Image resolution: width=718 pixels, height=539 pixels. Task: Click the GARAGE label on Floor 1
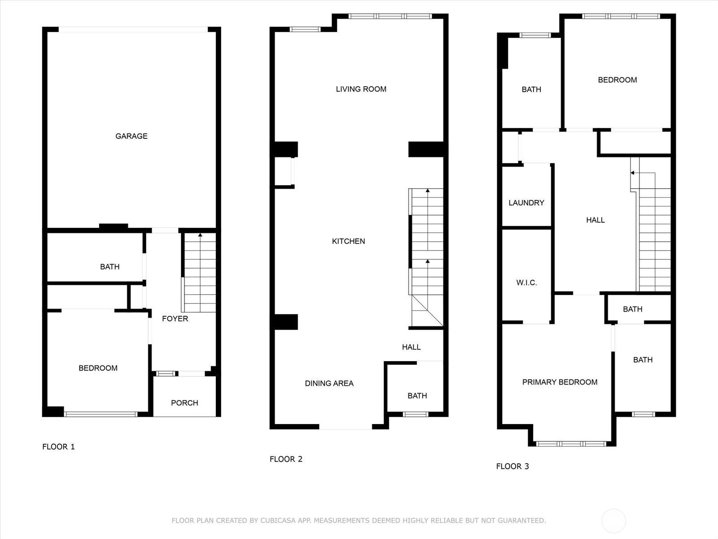click(131, 136)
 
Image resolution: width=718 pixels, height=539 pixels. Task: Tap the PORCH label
click(184, 403)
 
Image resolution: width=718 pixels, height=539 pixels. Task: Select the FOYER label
click(175, 319)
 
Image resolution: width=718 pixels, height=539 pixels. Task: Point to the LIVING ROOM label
click(361, 89)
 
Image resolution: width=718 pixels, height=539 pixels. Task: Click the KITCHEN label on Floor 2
click(348, 241)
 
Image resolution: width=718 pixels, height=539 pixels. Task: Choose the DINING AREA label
click(329, 383)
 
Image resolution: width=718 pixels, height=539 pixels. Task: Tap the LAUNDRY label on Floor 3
click(526, 203)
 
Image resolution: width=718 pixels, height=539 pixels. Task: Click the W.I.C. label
click(527, 283)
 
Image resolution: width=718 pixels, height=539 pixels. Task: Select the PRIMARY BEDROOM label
click(560, 382)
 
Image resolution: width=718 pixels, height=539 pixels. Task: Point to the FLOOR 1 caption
click(58, 447)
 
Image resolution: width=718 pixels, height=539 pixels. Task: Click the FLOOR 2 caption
click(286, 459)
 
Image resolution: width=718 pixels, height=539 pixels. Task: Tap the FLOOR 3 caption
click(512, 466)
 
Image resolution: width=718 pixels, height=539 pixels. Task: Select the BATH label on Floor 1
click(109, 267)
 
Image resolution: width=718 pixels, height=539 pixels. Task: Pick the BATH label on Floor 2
click(417, 396)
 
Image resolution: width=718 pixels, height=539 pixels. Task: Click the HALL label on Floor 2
click(411, 347)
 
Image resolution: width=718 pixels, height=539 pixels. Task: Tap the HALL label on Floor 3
click(595, 220)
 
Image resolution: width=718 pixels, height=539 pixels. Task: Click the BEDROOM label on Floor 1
click(98, 368)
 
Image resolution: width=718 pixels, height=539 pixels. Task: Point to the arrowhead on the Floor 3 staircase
click(633, 173)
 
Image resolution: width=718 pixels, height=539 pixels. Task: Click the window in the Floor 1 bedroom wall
click(101, 414)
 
